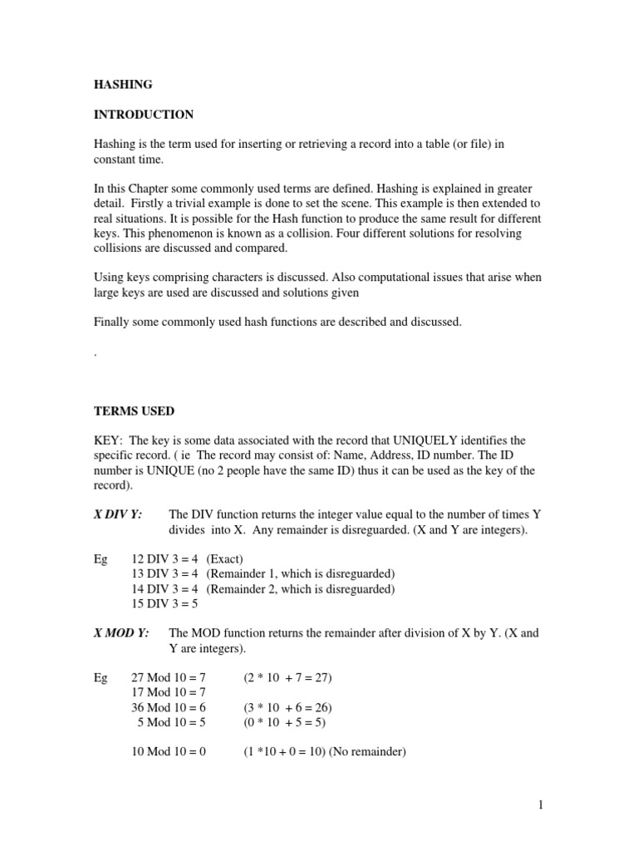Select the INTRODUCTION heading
tap(143, 114)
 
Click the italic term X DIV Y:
tap(118, 514)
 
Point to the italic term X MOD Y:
tap(121, 632)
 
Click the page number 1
tap(540, 804)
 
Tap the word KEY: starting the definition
tap(109, 440)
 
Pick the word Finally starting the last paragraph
tap(111, 322)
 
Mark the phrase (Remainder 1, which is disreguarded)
tap(300, 574)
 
